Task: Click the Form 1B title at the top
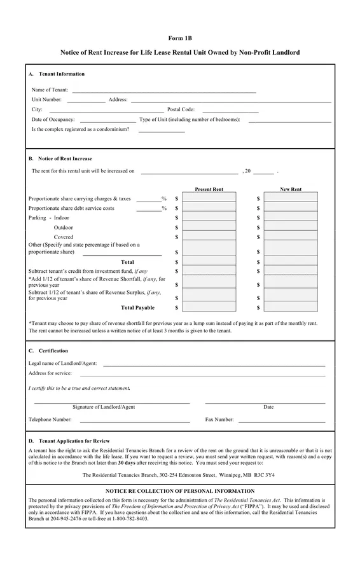click(x=180, y=38)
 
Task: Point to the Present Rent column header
click(x=209, y=189)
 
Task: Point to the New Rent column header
click(x=291, y=189)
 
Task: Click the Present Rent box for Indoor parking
click(x=209, y=217)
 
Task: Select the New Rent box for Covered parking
click(x=291, y=237)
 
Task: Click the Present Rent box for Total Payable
click(x=209, y=308)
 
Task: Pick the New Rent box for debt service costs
click(x=291, y=208)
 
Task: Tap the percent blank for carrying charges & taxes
click(x=148, y=200)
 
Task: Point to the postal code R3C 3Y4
click(x=265, y=475)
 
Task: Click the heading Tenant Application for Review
click(x=74, y=441)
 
